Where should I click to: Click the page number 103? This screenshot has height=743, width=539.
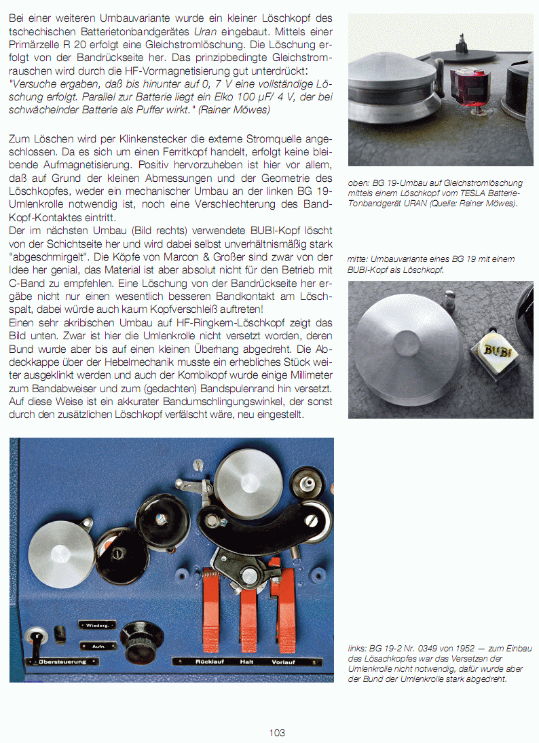tap(276, 733)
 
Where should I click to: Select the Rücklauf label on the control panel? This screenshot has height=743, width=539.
tap(210, 661)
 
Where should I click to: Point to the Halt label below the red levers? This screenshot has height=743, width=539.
tap(246, 661)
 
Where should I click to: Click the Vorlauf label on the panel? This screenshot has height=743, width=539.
tap(283, 661)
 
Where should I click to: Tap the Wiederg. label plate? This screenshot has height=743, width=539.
tap(97, 624)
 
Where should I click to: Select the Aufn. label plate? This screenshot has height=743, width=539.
tap(97, 646)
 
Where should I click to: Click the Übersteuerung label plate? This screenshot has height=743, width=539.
tap(61, 662)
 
